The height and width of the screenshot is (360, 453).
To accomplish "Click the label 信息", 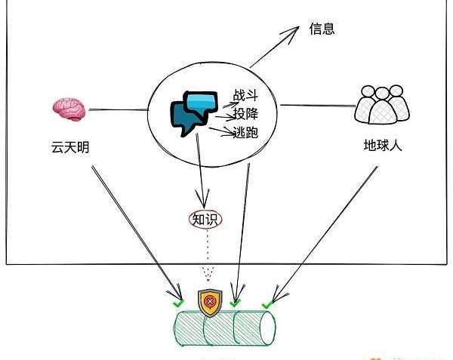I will (x=322, y=30).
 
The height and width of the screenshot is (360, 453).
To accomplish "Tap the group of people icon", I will (x=382, y=105).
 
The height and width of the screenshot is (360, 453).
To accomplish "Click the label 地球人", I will (x=382, y=145).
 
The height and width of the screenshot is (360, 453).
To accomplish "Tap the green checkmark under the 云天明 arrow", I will (x=178, y=303).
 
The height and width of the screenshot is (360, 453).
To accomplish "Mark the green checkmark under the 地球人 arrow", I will (x=267, y=305).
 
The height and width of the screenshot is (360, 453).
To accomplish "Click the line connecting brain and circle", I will (x=117, y=110).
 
